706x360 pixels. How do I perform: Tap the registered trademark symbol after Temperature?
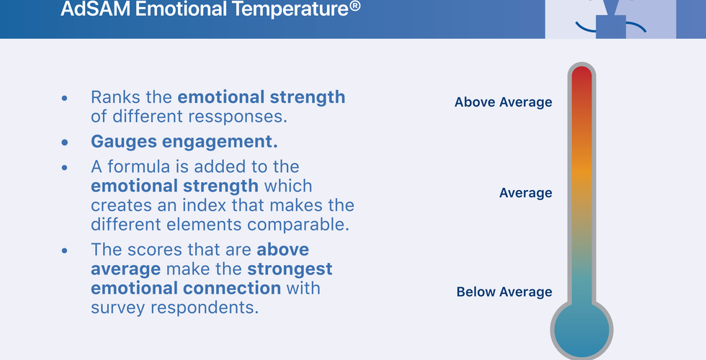coord(354,6)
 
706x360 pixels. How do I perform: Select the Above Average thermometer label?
coord(503,102)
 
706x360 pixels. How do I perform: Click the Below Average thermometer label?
coord(504,292)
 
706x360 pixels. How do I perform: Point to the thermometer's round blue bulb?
coord(581,330)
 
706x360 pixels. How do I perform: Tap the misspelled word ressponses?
coord(238,117)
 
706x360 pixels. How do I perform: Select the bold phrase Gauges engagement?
coord(184,142)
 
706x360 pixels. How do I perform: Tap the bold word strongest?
coord(290,269)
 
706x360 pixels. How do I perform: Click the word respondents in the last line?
coord(205,308)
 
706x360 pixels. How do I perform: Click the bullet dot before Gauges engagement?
coord(65,143)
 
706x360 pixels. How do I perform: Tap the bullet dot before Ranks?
coord(65,98)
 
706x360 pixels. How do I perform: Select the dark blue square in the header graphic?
coord(611,27)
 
